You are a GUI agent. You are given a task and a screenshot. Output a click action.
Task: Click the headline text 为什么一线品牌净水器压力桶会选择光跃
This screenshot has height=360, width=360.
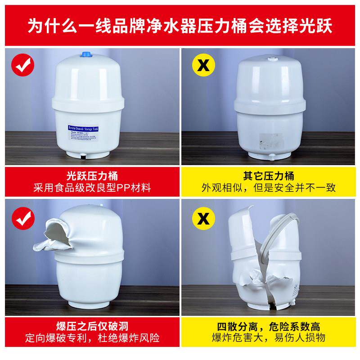point(180,26)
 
